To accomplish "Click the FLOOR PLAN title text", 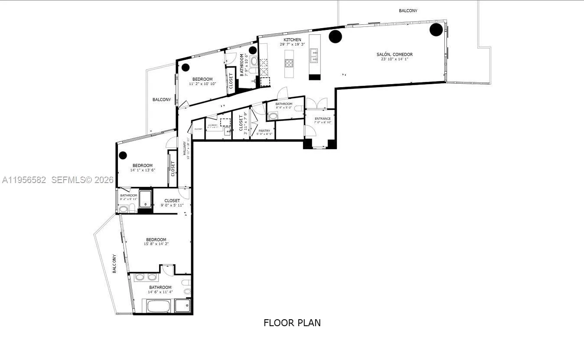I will pos(292,323).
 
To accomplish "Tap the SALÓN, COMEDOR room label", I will pos(395,54).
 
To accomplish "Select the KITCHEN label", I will pos(292,40).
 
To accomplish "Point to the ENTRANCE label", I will pos(323,118).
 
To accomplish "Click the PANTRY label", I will pos(264,131).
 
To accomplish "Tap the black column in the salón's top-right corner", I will pos(436,29).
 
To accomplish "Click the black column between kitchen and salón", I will pos(335,36).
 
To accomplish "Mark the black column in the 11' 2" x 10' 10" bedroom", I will pos(186,67).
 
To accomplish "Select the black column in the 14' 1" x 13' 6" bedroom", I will pos(123,155).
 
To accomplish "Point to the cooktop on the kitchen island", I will pos(289,62).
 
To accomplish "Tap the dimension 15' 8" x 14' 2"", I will pos(156,244).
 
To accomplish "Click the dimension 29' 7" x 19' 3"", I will pos(292,44).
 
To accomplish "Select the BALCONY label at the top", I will pos(408,10).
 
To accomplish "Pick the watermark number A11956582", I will pos(24,180).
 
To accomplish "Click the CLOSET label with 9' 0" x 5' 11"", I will pos(172,200).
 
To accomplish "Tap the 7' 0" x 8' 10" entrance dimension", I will pos(323,122).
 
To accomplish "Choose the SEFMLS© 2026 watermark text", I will pos(82,180).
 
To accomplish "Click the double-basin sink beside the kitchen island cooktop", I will pos(313,55).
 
